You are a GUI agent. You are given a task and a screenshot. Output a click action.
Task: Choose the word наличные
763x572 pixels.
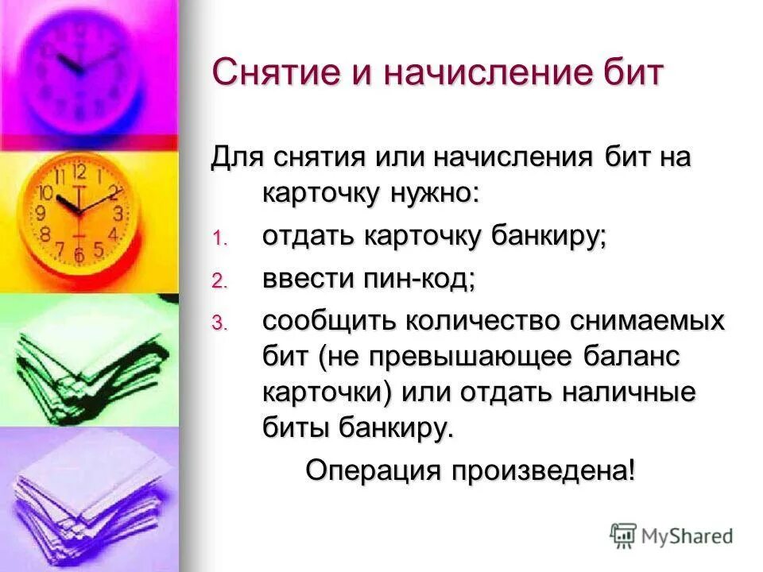click(622, 392)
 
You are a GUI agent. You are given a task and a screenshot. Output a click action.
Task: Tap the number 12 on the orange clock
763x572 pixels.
click(79, 172)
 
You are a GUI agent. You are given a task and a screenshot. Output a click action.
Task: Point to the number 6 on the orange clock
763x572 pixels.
click(78, 256)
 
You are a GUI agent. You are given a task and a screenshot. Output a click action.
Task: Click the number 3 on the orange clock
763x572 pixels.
click(118, 214)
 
